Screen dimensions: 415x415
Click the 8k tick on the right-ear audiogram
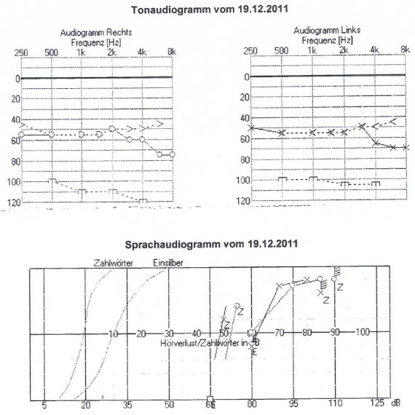(171, 53)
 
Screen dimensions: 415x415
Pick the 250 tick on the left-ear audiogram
(250, 50)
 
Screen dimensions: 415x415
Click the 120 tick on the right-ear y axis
(9, 202)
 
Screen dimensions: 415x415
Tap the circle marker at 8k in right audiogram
(172, 154)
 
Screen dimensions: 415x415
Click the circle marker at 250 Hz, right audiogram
(21, 135)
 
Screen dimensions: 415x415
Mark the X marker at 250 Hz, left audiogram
(251, 128)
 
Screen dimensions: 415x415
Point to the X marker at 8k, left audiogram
(406, 147)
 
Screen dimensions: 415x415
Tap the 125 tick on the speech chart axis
(378, 403)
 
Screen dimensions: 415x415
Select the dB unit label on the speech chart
(396, 403)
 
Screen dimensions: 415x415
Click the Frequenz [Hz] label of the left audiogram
(328, 40)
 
